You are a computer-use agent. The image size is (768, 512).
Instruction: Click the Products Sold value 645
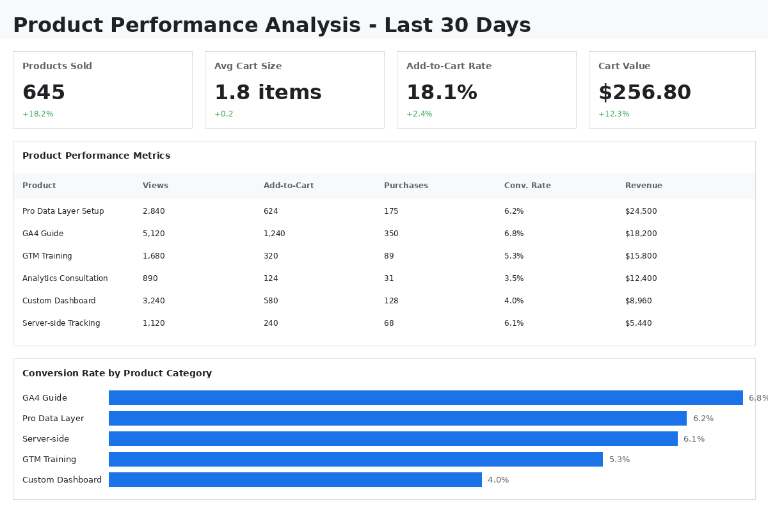44,93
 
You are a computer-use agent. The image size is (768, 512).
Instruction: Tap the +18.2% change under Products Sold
38,114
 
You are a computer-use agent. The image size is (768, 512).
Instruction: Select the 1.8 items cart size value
268,93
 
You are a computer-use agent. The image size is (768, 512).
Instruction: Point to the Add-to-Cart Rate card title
449,66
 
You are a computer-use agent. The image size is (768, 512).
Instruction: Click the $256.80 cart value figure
644,93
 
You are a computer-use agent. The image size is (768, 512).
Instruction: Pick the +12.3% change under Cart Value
614,114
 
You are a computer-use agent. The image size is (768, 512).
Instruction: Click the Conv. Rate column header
527,186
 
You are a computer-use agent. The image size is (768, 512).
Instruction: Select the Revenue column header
643,186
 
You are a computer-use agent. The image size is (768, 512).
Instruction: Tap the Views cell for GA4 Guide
154,234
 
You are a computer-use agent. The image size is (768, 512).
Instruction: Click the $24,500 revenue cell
641,211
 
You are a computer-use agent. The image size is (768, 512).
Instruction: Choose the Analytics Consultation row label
65,278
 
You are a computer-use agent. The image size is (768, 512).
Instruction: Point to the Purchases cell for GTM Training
388,256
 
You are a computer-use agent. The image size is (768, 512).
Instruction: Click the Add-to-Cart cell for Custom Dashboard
271,301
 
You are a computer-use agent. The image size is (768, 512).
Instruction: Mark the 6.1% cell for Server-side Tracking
513,323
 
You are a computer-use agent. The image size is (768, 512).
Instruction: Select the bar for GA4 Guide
426,398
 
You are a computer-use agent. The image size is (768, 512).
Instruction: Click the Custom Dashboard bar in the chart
295,480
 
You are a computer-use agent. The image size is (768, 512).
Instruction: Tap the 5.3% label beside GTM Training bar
619,460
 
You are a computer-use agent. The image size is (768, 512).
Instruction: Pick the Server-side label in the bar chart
45,439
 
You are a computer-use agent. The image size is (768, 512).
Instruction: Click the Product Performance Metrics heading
96,156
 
